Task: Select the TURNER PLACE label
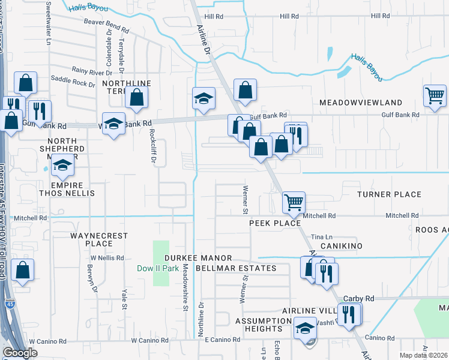tap(389, 194)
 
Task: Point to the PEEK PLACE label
tap(275, 223)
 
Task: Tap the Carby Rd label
tap(358, 298)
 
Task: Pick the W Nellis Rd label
tap(107, 257)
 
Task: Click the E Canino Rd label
tap(222, 340)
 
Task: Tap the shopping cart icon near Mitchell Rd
tap(294, 202)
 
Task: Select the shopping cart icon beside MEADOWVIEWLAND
tap(435, 95)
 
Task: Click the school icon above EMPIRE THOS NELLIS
tap(62, 166)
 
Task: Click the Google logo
tap(20, 353)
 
